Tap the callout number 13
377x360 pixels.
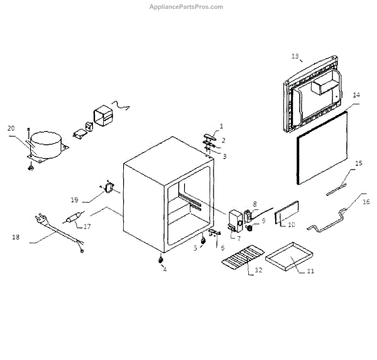(x=295, y=56)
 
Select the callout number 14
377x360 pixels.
(x=356, y=95)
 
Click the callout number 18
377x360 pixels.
(x=15, y=237)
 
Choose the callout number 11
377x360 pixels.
(x=310, y=271)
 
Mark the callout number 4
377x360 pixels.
(x=165, y=269)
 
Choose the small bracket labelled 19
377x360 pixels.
(x=110, y=187)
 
